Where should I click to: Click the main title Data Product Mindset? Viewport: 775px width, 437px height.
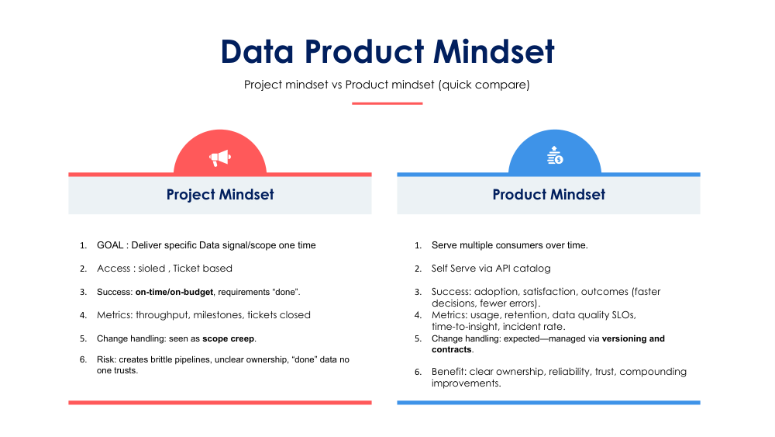tap(387, 52)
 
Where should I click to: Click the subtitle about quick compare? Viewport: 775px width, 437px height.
tap(387, 85)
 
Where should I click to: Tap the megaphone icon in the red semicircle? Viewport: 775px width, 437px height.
tap(220, 158)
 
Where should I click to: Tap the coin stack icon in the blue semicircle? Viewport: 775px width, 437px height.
tap(554, 155)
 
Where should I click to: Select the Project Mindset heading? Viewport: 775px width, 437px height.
tap(220, 195)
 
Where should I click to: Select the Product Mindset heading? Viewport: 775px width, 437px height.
tap(549, 195)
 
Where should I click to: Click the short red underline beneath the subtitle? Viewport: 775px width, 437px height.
tap(387, 103)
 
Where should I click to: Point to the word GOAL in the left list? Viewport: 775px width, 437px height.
tap(111, 245)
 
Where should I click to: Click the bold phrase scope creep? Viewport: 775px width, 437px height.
tap(229, 338)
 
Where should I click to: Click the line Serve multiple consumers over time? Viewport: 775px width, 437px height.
tap(509, 245)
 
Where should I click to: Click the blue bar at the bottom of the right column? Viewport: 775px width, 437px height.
tap(549, 402)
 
